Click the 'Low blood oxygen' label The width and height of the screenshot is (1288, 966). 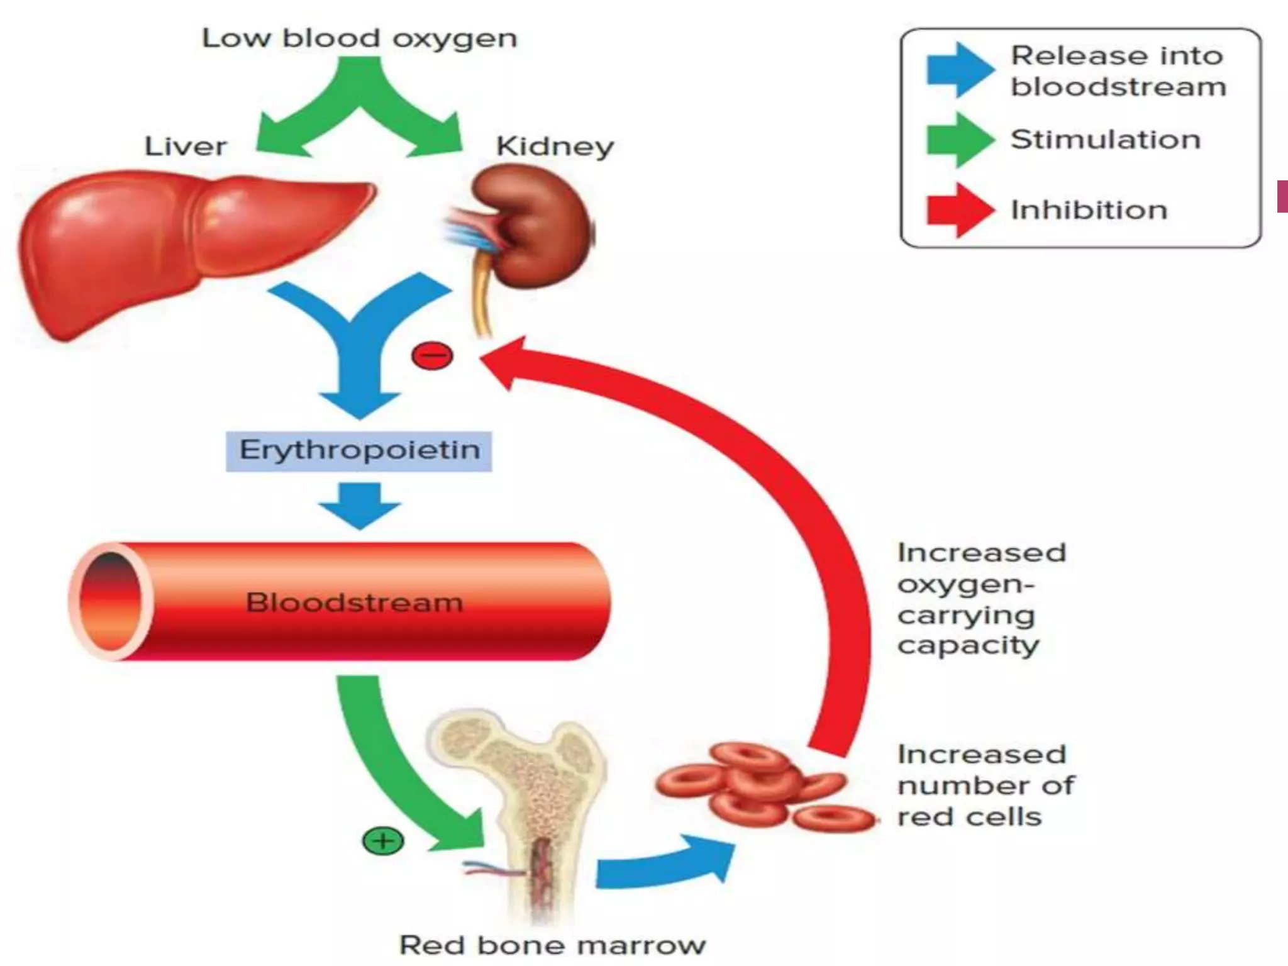tap(359, 39)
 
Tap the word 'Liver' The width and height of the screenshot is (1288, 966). tap(186, 147)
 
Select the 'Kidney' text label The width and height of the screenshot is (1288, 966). tap(555, 147)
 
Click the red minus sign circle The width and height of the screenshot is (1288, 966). tap(432, 356)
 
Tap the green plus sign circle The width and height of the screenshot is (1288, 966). tap(383, 841)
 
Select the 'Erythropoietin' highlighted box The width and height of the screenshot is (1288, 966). tap(359, 451)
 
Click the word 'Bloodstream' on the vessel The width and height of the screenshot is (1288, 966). tap(354, 602)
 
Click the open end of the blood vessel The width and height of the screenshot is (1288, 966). tap(111, 601)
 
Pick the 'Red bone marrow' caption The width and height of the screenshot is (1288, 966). tap(552, 945)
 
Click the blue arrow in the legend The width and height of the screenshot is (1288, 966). tap(959, 70)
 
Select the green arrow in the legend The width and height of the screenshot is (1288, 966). tap(959, 140)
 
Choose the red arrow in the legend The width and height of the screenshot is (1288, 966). tap(959, 210)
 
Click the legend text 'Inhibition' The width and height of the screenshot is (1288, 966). tap(1089, 210)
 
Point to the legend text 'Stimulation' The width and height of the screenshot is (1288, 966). tap(1105, 140)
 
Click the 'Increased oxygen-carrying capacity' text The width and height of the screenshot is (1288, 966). tap(981, 599)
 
